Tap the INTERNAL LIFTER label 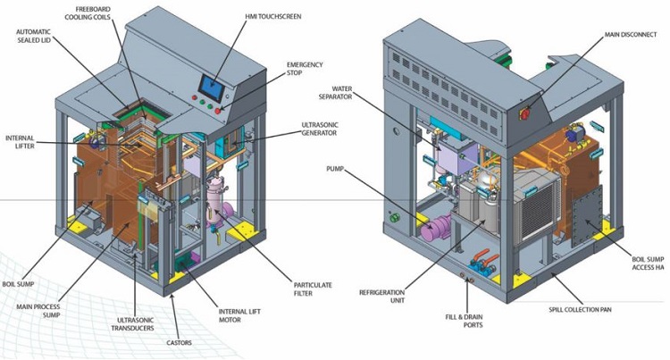pos(20,143)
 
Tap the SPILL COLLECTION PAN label pos(580,309)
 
